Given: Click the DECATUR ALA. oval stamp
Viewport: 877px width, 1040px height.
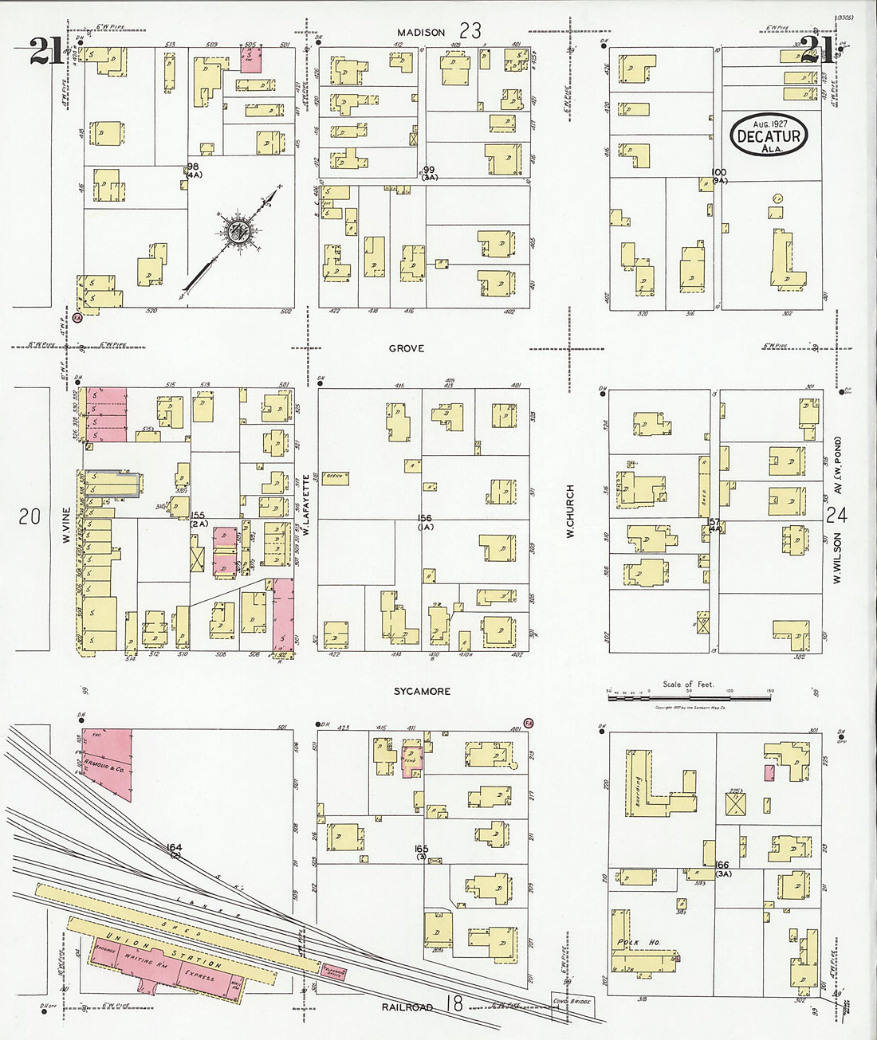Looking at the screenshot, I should pyautogui.click(x=769, y=135).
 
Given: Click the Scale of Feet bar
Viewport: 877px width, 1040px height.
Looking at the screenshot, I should pyautogui.click(x=689, y=697).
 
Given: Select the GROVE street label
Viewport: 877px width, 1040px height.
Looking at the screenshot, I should pyautogui.click(x=407, y=348).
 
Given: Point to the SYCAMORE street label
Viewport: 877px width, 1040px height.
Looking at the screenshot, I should pyautogui.click(x=422, y=691).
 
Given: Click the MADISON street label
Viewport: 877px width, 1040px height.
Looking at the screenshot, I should pyautogui.click(x=422, y=32).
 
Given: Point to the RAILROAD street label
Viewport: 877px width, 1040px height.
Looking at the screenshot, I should pyautogui.click(x=407, y=1007).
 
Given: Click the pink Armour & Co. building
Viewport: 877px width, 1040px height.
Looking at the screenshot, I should pyautogui.click(x=107, y=762).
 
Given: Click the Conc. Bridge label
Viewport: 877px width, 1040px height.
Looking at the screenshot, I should pyautogui.click(x=571, y=1001).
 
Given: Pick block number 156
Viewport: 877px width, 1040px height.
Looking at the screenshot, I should pyautogui.click(x=425, y=519).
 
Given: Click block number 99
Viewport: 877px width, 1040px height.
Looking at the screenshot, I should pyautogui.click(x=430, y=170).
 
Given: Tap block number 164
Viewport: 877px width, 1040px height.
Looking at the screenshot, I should pyautogui.click(x=175, y=847).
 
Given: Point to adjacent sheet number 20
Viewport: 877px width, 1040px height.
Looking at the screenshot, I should pyautogui.click(x=29, y=516).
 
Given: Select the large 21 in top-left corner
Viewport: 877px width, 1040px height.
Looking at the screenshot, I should pyautogui.click(x=47, y=52).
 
